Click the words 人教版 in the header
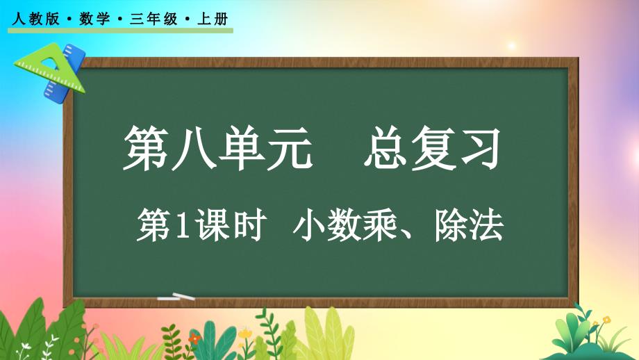tap(36, 19)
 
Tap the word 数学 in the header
tap(94, 19)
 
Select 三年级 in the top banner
tap(153, 19)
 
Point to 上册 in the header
tap(213, 19)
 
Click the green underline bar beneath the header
tap(120, 31)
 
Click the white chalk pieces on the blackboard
tap(176, 297)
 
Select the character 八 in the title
tap(194, 147)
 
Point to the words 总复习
tap(432, 147)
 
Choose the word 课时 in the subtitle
tap(231, 225)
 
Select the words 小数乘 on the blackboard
tap(345, 225)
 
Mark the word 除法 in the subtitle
tap(469, 225)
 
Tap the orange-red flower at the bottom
tap(194, 338)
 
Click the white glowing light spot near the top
tap(512, 45)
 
